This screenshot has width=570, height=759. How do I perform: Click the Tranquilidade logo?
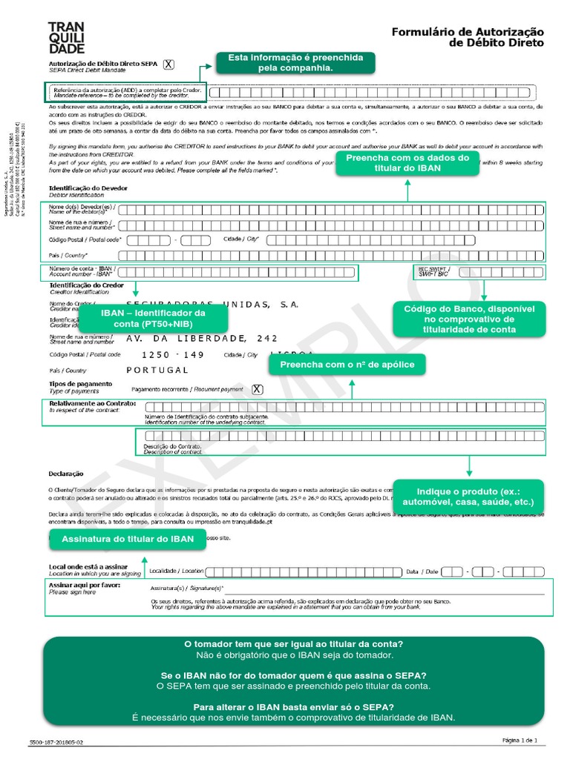[x=66, y=38]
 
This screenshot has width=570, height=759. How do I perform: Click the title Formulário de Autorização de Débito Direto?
[x=467, y=37]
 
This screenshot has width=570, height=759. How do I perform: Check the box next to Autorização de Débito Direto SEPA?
[x=168, y=64]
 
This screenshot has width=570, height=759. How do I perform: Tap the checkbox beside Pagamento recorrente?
[x=258, y=389]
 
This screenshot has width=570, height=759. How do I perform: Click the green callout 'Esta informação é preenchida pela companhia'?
[x=295, y=62]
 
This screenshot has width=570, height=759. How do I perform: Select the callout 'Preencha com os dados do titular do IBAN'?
[x=407, y=163]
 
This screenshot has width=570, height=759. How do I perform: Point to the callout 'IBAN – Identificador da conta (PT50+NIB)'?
[x=153, y=319]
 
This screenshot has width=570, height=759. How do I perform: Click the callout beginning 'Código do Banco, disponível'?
[x=468, y=319]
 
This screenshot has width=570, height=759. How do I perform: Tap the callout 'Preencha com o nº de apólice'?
[x=352, y=365]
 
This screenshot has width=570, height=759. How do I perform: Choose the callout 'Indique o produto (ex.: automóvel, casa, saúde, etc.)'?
[x=468, y=496]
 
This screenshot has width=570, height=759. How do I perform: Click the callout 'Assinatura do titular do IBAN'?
[x=127, y=539]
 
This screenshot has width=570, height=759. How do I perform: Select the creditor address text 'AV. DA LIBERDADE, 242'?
[x=202, y=339]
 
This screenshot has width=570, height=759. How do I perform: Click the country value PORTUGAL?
[x=157, y=370]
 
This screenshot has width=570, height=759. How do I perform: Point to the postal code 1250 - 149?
[x=172, y=354]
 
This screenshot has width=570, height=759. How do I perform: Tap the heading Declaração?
[x=66, y=473]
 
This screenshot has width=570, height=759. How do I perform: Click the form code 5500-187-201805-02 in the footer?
[x=56, y=741]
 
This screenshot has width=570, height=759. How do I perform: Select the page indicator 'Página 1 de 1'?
[x=524, y=740]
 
